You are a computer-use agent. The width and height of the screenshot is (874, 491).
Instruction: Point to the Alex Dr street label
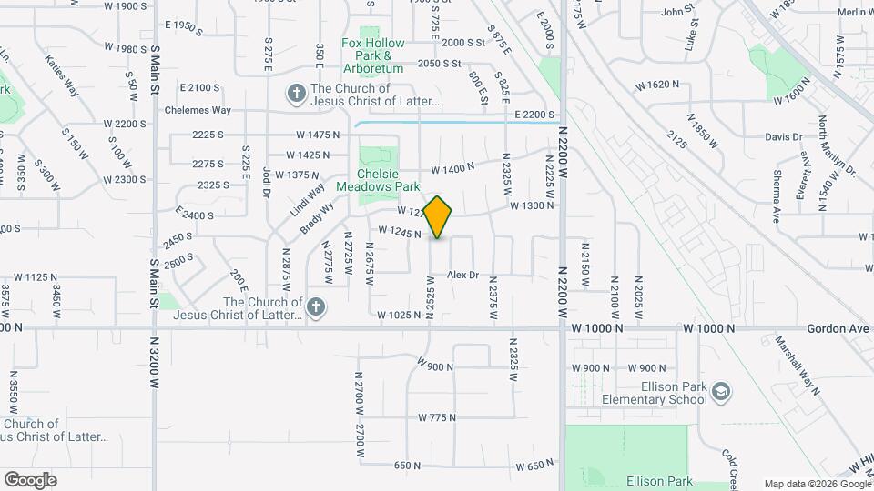[462, 275]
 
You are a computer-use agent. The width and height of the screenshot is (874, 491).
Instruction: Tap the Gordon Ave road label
[831, 327]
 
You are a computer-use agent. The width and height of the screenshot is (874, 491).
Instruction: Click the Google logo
[30, 479]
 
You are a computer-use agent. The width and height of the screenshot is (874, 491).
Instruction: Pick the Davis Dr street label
[783, 137]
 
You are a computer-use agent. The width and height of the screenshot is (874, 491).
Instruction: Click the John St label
[678, 12]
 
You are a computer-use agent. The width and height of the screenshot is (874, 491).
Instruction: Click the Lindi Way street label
[309, 199]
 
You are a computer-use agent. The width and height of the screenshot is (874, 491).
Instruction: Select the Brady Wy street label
[318, 217]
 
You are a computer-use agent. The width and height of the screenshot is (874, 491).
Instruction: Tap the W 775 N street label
[437, 417]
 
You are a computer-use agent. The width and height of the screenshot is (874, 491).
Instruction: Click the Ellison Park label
[659, 481]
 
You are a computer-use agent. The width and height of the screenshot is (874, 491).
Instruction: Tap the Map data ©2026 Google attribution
[816, 484]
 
